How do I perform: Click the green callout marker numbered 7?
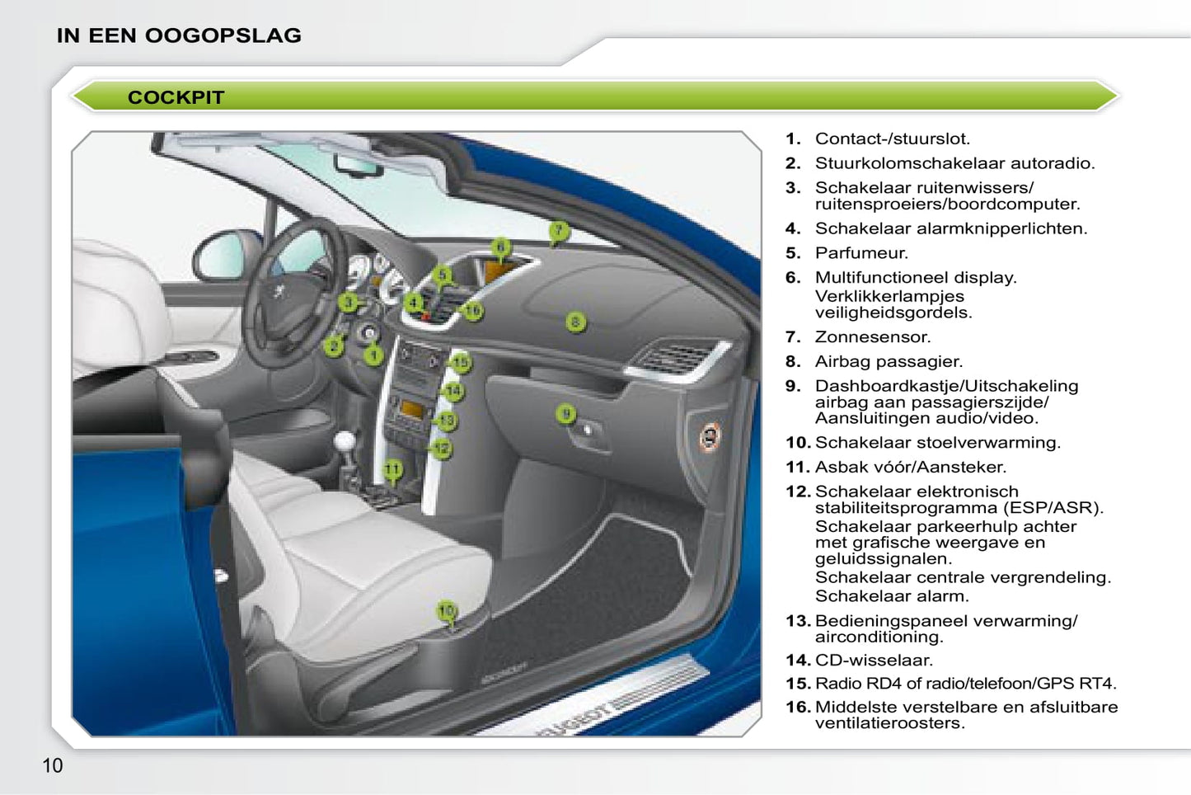(558, 231)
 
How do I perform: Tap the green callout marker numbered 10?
(447, 610)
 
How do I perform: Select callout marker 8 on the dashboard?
(575, 322)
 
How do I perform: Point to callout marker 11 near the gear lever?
(392, 469)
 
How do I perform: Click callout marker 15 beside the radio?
(461, 363)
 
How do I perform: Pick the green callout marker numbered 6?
(501, 247)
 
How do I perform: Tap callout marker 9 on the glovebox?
(566, 413)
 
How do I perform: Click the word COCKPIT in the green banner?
(176, 97)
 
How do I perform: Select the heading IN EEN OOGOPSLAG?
(179, 35)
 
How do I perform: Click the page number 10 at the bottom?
(52, 765)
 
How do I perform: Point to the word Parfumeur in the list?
(861, 253)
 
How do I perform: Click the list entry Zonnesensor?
(873, 336)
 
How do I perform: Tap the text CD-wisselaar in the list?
(874, 661)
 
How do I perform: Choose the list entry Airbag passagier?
(889, 362)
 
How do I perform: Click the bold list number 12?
(798, 492)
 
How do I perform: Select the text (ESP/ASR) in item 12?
(1053, 508)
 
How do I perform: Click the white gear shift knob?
(345, 441)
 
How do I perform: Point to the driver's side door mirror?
(226, 256)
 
